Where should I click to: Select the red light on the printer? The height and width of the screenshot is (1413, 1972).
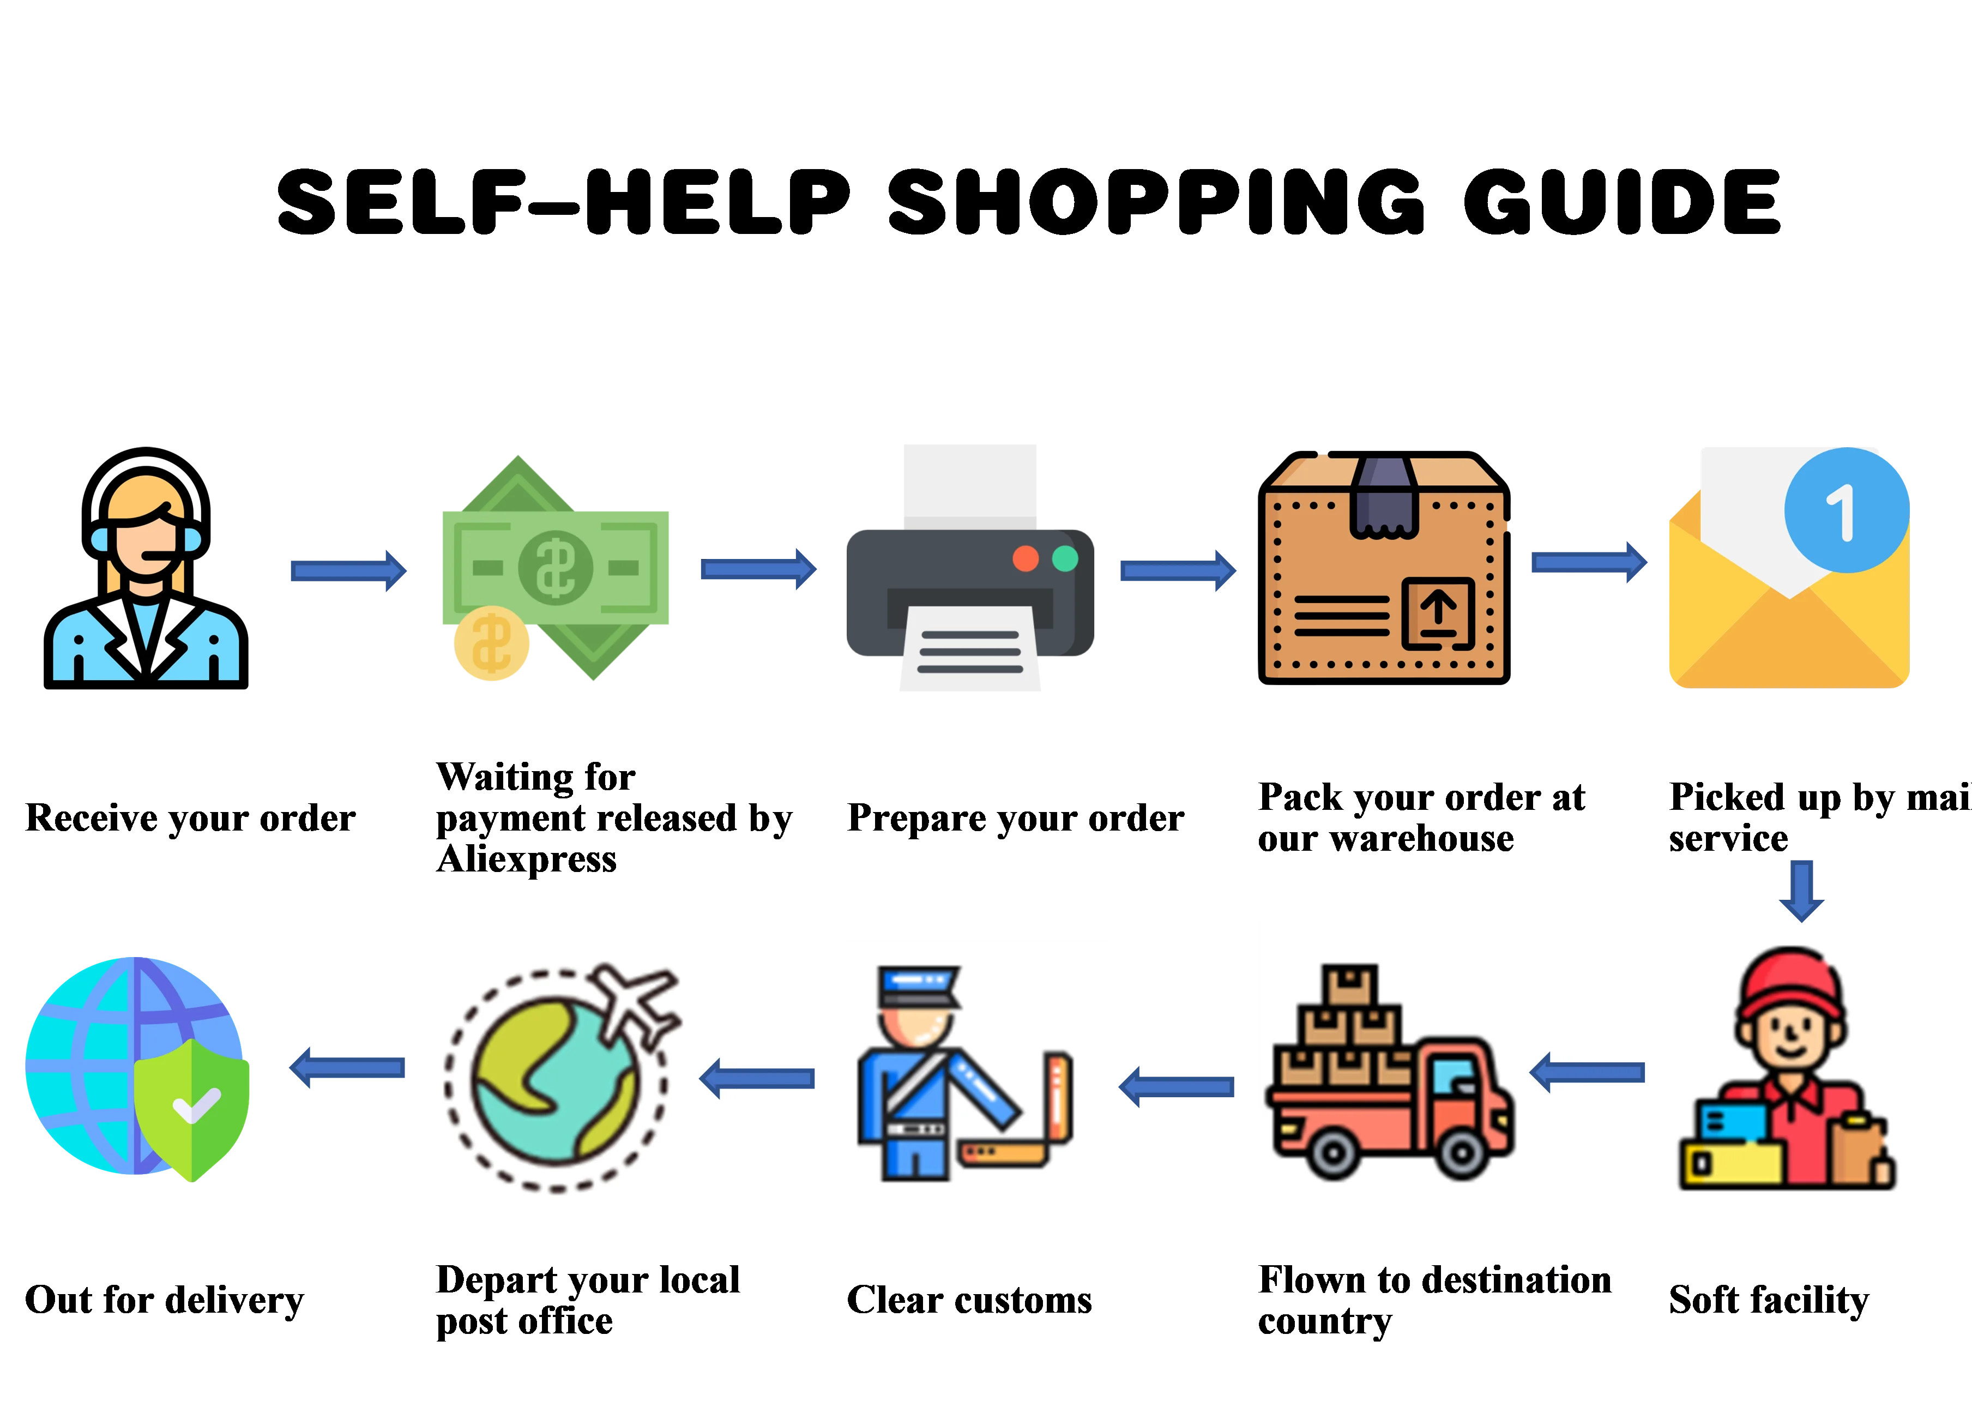[1026, 558]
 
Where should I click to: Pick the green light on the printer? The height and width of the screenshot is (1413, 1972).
[1065, 558]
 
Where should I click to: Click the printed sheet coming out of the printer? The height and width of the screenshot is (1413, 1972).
[969, 652]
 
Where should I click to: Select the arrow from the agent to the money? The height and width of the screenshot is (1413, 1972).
[348, 570]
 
